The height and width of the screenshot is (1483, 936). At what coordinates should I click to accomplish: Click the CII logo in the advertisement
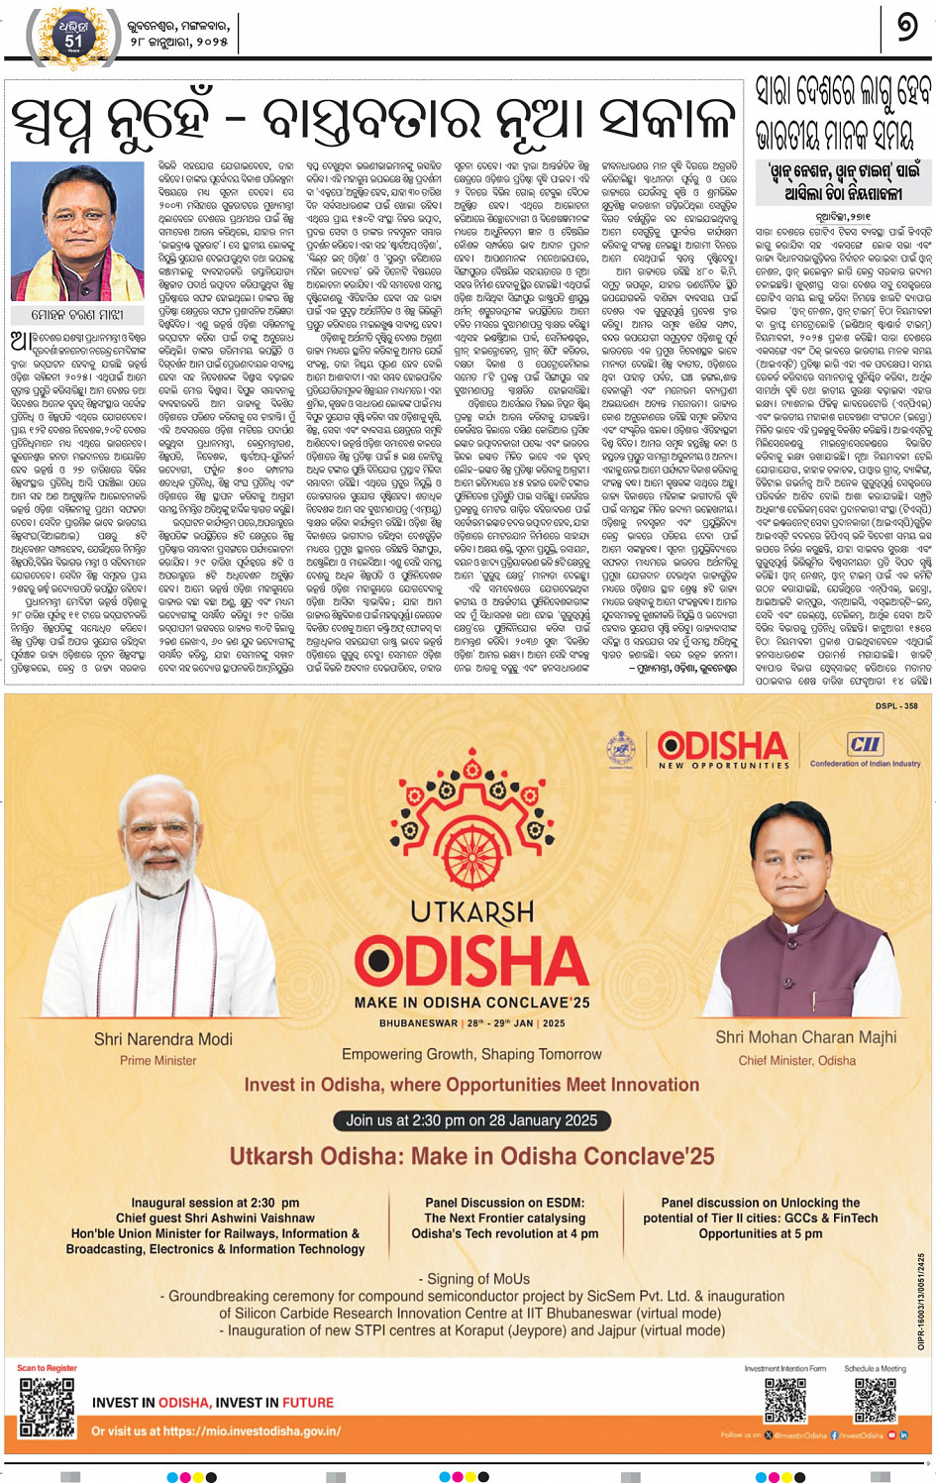[864, 745]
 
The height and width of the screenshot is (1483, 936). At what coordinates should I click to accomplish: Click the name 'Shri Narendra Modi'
[163, 1039]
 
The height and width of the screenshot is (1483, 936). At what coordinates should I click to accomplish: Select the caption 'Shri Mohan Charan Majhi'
[805, 1037]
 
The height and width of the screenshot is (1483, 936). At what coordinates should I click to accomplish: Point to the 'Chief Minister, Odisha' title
[796, 1060]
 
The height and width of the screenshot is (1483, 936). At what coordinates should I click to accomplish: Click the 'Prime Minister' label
[158, 1060]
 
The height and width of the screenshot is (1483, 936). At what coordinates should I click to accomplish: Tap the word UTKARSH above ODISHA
[472, 911]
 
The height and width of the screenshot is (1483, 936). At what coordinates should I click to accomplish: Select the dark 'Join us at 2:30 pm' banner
[471, 1120]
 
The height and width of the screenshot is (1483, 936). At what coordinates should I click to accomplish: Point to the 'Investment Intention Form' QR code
[785, 1400]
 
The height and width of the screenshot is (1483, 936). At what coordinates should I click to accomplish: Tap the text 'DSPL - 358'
[895, 706]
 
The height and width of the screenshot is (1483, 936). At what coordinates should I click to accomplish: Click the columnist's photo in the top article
[77, 231]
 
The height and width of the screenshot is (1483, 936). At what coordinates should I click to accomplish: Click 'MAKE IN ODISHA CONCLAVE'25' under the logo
[471, 1003]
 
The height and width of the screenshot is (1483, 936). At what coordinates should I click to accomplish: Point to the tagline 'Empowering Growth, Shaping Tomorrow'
[471, 1054]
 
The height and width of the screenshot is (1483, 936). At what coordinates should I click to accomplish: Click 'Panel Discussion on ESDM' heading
[504, 1203]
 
